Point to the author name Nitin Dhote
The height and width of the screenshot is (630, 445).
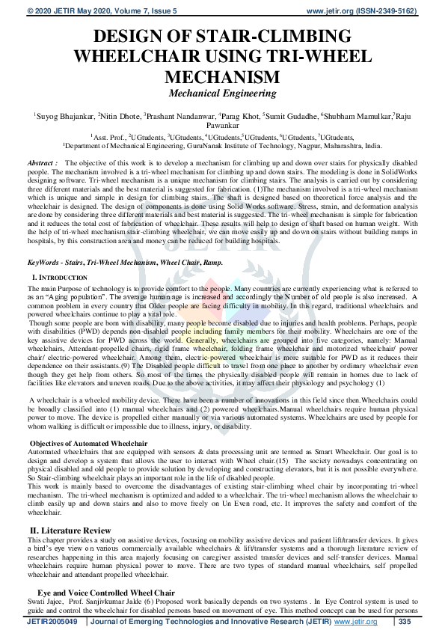pos(120,117)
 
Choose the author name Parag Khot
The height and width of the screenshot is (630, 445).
pos(241,117)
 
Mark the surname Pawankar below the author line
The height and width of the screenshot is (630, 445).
pos(222,126)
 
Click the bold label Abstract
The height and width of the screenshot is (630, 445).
pos(42,162)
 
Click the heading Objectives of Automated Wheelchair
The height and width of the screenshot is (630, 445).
pos(88,444)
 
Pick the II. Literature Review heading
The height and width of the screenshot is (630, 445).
pos(70,530)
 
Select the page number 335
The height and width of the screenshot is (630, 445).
pos(405,622)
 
